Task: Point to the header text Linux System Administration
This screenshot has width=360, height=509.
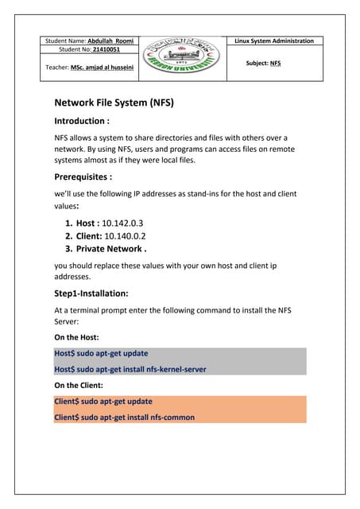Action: click(x=274, y=41)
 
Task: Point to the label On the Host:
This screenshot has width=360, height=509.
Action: click(x=77, y=337)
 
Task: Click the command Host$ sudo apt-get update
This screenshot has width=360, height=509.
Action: click(x=101, y=353)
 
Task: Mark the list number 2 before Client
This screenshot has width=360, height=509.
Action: click(x=68, y=236)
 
